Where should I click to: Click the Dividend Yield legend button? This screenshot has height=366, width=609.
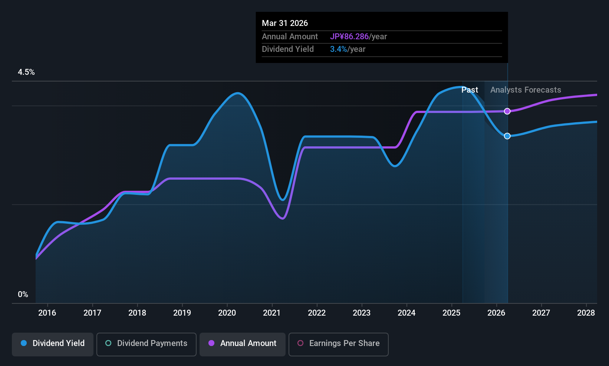coord(53,343)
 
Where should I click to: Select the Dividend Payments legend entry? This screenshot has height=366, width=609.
coord(146,343)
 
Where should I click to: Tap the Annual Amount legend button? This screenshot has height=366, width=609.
coord(243,343)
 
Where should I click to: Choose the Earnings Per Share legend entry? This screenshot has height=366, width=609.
coord(338,343)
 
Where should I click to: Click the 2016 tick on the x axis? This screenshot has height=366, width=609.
coord(47,313)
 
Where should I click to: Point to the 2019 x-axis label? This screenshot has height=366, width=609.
coord(182,313)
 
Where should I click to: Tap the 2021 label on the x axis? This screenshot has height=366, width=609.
coord(272,313)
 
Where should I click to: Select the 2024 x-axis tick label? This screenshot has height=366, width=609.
coord(406,313)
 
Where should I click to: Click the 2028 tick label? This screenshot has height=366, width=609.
coord(586,313)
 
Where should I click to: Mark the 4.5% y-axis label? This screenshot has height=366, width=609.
coord(26,72)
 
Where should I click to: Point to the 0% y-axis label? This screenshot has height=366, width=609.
coord(23,295)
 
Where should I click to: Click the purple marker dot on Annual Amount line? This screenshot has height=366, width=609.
coord(507,111)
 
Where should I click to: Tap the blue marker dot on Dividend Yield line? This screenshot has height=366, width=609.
coord(507,136)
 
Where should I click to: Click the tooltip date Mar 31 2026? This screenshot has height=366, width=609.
coord(285,23)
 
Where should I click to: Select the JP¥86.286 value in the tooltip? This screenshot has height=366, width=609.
coord(349,37)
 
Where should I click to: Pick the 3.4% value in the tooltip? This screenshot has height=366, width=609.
coord(338,49)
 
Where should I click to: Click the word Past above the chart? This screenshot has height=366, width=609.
coord(470,90)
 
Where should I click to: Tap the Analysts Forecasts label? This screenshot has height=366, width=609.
coord(526,90)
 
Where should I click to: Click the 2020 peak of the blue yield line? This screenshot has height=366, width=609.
coord(237,93)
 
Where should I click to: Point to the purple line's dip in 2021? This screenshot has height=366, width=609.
coord(283,219)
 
